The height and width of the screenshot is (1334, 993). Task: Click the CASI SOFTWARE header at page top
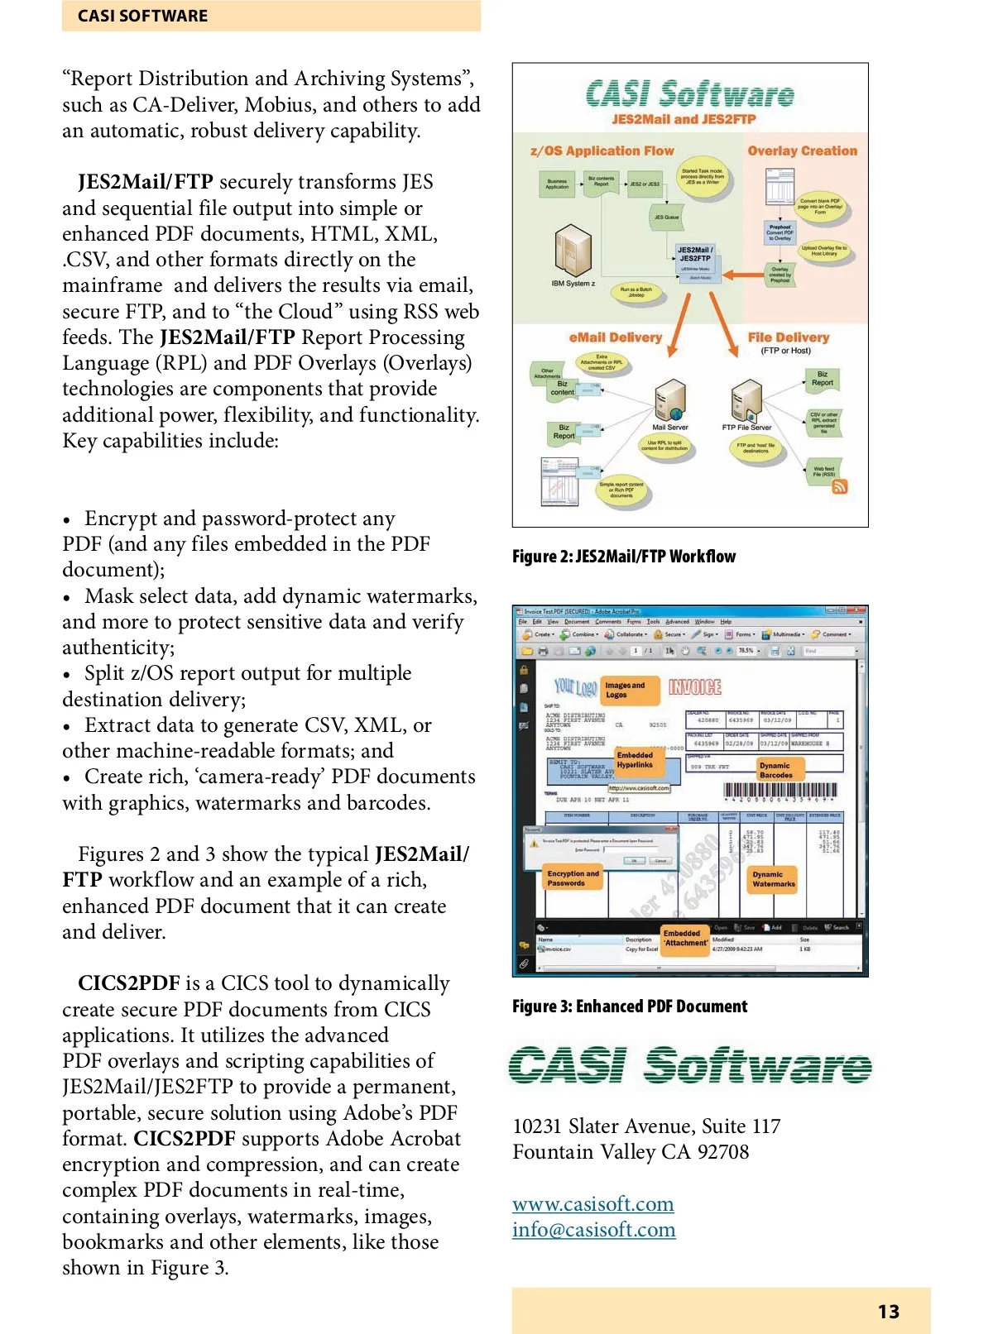(143, 16)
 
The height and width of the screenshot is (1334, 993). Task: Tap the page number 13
(888, 1312)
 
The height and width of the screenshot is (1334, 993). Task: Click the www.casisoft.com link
(592, 1203)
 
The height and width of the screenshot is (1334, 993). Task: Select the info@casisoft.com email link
(593, 1230)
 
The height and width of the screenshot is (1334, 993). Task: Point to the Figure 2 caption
(623, 557)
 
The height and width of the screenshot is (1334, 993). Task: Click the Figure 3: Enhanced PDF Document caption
(629, 1006)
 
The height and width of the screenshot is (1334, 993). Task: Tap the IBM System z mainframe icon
(573, 252)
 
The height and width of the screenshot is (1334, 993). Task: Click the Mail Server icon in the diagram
(669, 402)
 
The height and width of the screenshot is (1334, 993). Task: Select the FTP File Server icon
(746, 401)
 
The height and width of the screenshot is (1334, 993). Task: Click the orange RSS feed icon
(839, 487)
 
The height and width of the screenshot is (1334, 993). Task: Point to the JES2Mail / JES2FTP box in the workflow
(694, 255)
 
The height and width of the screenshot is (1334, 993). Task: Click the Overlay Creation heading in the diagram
(802, 151)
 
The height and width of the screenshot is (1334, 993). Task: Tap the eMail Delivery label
(615, 337)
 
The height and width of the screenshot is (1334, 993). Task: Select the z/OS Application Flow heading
(602, 151)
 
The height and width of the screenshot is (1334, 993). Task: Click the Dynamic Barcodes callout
(776, 770)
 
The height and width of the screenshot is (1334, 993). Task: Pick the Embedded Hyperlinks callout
(636, 760)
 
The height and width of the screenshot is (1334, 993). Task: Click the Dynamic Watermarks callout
(774, 878)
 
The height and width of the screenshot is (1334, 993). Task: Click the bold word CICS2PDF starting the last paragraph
(128, 983)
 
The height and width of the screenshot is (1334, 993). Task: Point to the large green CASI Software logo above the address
(690, 1065)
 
